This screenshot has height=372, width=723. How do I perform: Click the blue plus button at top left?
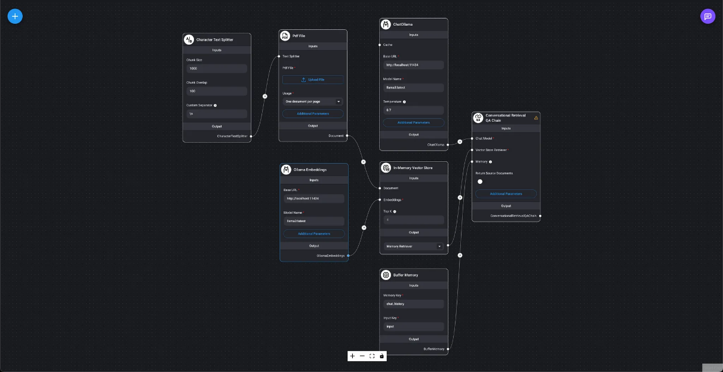(15, 16)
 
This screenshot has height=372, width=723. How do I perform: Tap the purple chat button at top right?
(707, 16)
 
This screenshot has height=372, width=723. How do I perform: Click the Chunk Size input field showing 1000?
(217, 69)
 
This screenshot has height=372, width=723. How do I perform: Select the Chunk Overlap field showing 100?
(217, 91)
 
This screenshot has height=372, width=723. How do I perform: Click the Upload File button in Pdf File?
(313, 79)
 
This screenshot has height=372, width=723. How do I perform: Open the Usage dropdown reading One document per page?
(313, 102)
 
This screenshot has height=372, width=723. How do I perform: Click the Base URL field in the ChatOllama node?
(413, 64)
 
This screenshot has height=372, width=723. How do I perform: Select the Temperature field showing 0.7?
(413, 110)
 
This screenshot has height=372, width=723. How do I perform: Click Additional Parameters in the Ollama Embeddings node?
(313, 233)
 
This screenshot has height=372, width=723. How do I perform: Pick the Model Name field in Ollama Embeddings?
(313, 221)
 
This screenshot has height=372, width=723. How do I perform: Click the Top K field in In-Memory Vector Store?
(413, 220)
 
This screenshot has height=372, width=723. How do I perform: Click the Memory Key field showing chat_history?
(413, 304)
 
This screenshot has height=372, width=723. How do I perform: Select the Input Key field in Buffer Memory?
(413, 327)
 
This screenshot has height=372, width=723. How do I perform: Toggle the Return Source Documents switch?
(480, 182)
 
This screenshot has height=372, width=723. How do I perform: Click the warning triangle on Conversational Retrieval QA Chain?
(536, 118)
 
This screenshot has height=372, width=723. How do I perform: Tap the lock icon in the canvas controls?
(382, 356)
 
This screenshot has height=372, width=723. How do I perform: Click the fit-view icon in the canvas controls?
(372, 356)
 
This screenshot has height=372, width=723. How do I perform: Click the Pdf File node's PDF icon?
(285, 36)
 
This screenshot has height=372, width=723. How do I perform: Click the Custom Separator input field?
(217, 113)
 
